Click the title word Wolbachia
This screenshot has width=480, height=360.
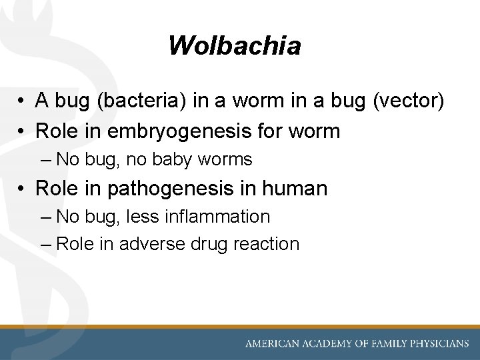pyautogui.click(x=235, y=46)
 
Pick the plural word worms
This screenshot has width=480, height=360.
pyautogui.click(x=225, y=160)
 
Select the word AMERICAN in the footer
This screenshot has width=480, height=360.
pyautogui.click(x=274, y=344)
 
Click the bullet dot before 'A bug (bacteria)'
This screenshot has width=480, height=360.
pyautogui.click(x=23, y=101)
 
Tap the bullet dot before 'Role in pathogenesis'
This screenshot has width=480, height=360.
pyautogui.click(x=23, y=189)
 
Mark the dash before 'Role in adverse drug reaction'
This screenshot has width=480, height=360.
pyautogui.click(x=45, y=244)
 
